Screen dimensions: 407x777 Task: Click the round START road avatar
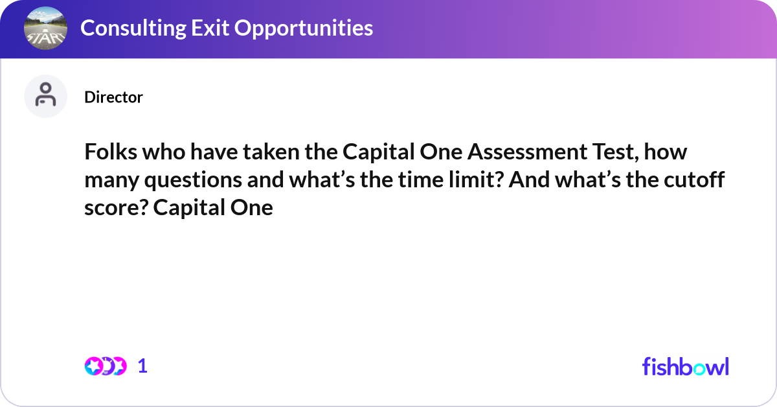pos(45,29)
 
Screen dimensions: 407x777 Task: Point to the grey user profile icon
pos(45,97)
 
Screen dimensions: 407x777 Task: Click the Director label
pos(113,97)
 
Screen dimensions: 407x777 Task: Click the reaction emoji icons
pos(106,366)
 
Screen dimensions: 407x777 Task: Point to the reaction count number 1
pos(143,366)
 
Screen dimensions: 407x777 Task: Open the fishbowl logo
pos(685,366)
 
